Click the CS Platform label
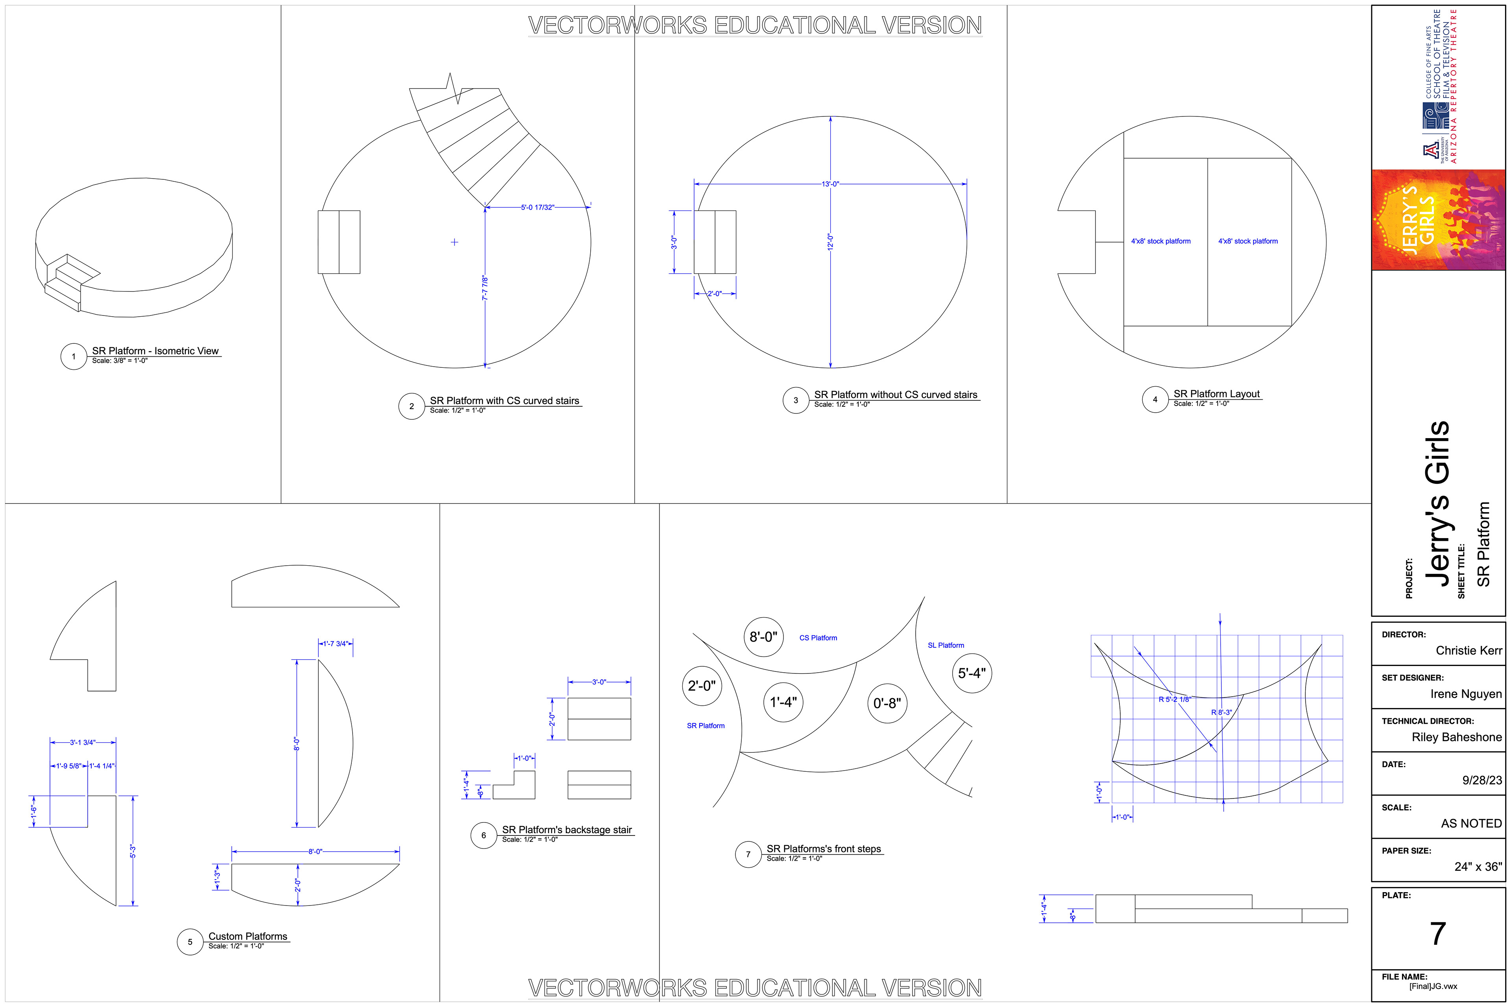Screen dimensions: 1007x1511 coord(818,638)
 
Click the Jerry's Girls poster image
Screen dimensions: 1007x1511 coord(1438,219)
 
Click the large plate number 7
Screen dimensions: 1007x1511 coord(1438,933)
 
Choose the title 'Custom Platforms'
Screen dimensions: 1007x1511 coord(248,936)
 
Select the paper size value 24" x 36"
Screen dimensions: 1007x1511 coord(1478,866)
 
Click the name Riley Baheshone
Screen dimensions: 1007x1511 coord(1456,737)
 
